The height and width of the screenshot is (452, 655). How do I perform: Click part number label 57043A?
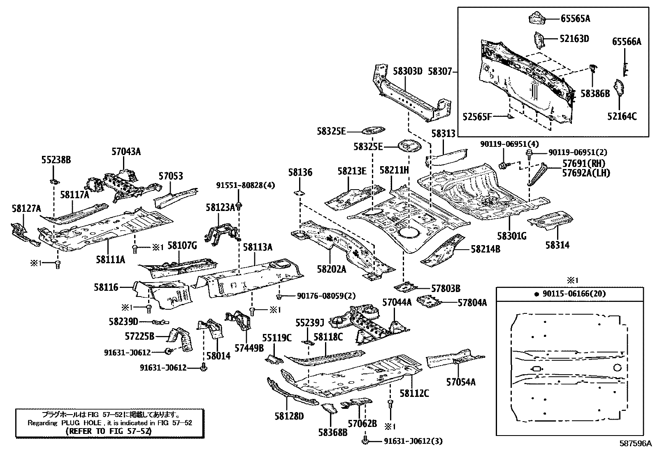click(126, 151)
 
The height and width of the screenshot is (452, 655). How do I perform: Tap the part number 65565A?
click(575, 18)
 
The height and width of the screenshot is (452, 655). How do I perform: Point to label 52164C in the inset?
click(622, 116)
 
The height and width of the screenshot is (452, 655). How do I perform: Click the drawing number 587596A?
click(636, 444)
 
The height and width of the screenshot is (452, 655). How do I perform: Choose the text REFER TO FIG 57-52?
click(109, 431)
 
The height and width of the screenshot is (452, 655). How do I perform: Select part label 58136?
click(300, 172)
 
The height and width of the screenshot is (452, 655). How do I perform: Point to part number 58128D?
click(289, 417)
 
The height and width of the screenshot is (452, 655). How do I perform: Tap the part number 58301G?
click(512, 236)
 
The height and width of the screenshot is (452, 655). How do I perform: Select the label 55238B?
click(56, 160)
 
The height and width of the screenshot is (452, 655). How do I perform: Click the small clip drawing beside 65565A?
click(536, 18)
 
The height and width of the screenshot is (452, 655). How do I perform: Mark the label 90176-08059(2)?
click(320, 296)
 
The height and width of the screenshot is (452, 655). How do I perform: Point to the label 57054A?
click(461, 382)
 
